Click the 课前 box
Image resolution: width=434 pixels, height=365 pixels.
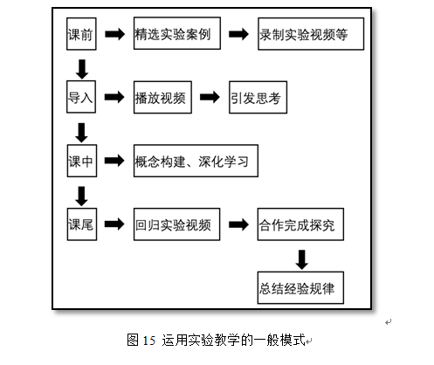81,34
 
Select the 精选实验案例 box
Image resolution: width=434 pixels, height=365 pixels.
177,33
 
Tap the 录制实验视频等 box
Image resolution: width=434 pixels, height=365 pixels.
311,34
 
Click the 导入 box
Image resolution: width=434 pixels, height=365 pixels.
81,97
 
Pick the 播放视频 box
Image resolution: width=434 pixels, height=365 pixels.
162,97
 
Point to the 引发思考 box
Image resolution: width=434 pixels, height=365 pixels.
258,97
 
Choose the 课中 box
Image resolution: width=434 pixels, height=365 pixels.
82,161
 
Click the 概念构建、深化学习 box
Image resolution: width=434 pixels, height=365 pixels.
196,161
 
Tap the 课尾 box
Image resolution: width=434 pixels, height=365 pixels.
82,224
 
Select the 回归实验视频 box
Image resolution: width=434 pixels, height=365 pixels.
176,224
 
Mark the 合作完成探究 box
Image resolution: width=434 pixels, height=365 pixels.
300,224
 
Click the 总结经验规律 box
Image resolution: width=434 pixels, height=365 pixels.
300,288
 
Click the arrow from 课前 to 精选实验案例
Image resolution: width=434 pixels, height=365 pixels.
115,34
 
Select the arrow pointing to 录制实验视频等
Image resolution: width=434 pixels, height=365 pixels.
238,34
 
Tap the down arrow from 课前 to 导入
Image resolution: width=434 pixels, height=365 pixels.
82,69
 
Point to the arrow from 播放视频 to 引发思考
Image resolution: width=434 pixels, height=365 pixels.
210,97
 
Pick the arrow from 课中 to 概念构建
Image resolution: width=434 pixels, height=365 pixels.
114,161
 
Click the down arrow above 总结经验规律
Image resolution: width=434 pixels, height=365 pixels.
302,259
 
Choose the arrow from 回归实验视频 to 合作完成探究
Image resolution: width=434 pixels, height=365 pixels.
238,224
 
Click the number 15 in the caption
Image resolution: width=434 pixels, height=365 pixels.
149,341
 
